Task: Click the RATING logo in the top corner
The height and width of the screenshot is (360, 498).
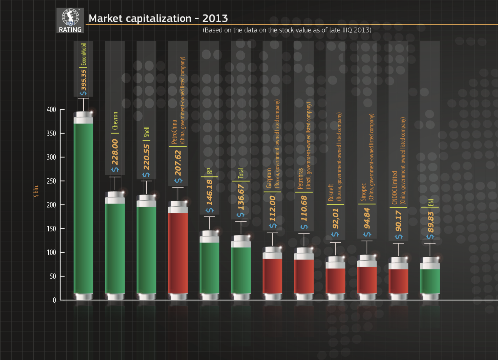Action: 70,21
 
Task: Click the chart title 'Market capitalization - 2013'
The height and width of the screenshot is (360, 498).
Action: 158,18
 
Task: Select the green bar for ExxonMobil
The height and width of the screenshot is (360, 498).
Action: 83,206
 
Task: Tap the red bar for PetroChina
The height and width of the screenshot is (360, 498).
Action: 178,250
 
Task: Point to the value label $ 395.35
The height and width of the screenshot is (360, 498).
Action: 83,82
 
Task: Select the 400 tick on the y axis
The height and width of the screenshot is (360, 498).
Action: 51,110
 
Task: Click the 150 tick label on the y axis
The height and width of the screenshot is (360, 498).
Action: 51,229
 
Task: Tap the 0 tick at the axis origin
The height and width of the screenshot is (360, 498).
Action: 54,300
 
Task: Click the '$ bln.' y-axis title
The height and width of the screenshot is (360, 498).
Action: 36,191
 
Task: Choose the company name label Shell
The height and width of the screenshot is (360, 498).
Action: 146,132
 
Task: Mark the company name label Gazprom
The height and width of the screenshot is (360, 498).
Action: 269,178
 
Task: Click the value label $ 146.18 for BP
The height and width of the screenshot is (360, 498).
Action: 209,196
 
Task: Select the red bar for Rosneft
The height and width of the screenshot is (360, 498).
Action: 335,280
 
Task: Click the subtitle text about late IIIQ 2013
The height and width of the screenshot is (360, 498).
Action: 287,30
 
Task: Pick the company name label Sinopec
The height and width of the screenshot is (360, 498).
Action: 363,192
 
